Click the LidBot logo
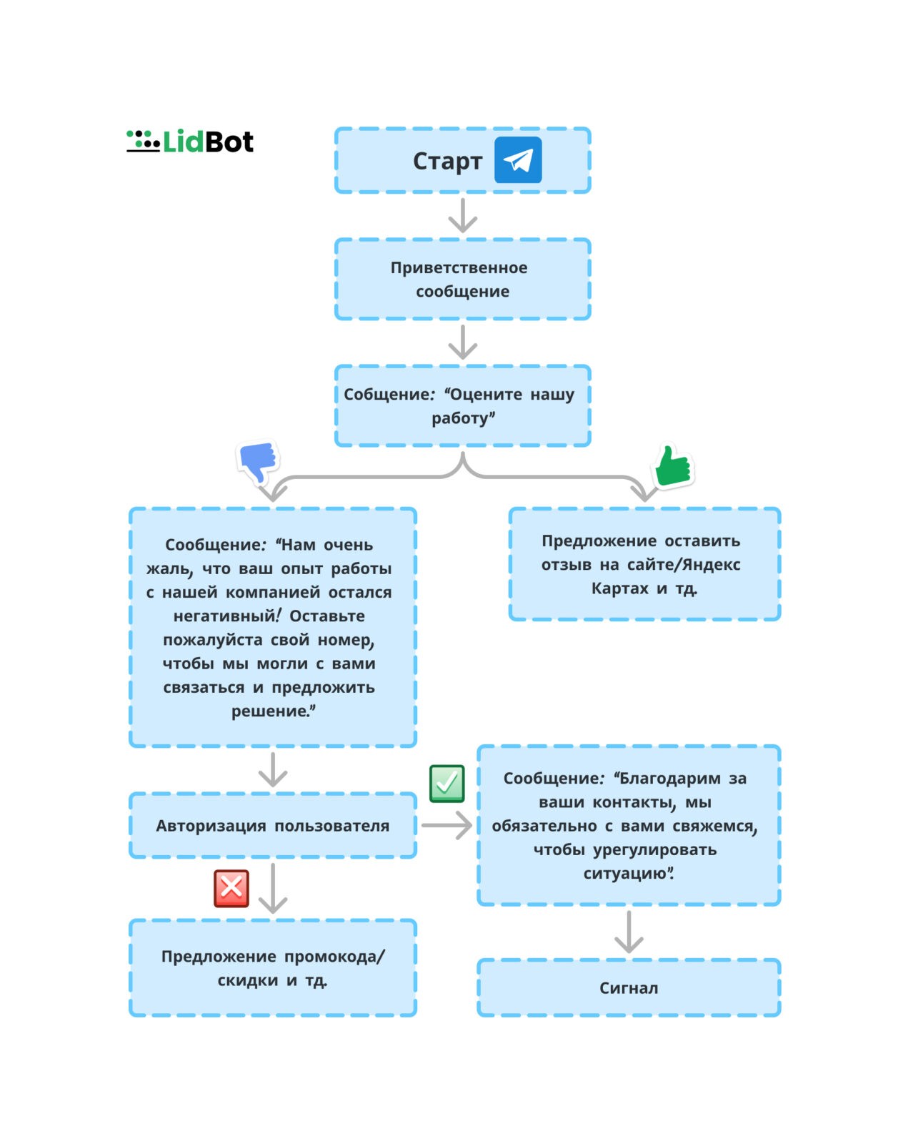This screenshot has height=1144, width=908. [190, 142]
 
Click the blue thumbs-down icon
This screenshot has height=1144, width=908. [258, 462]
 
